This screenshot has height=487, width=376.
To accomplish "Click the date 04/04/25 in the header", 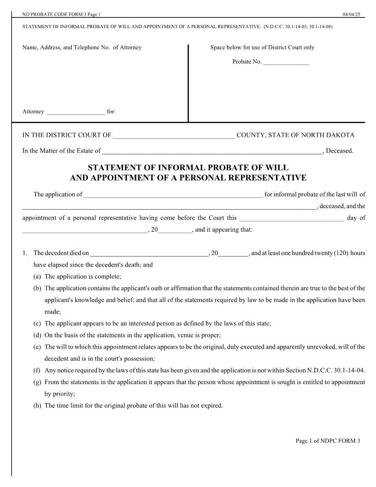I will pyautogui.click(x=351, y=15).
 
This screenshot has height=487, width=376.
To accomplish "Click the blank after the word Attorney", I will pyautogui.click(x=76, y=112).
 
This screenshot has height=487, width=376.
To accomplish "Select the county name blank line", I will pyautogui.click(x=174, y=136).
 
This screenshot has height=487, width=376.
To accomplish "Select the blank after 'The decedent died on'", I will pyautogui.click(x=149, y=254).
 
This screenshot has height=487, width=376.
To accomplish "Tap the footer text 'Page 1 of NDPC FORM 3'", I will pyautogui.click(x=328, y=441).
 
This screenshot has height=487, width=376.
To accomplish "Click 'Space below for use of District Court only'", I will pyautogui.click(x=262, y=48).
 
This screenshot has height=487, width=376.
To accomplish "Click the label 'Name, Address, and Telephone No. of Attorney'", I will pyautogui.click(x=82, y=48).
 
